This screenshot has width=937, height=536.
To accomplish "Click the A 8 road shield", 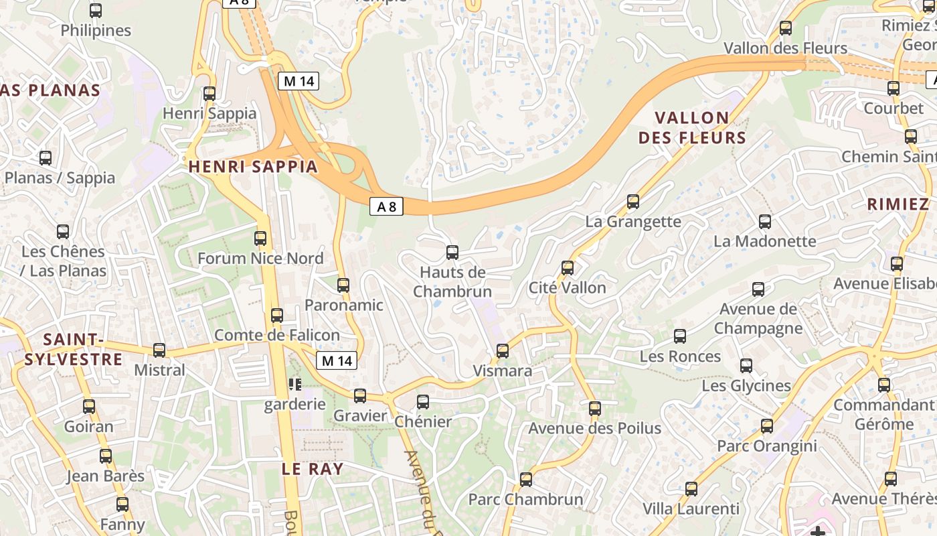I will (386, 207).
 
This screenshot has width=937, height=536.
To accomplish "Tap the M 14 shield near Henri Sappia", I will (299, 82).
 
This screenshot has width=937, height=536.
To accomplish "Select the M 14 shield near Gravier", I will (337, 360).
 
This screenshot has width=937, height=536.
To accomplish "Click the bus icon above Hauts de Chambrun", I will (452, 253).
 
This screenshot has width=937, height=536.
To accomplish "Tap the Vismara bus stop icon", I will (503, 350).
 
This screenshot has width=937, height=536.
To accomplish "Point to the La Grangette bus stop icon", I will (633, 201).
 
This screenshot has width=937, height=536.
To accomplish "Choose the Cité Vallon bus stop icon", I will (568, 268).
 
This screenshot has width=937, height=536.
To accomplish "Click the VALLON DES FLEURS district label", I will (692, 128).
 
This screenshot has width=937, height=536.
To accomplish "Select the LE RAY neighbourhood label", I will (313, 469).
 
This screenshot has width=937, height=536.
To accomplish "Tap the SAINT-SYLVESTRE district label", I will (74, 349).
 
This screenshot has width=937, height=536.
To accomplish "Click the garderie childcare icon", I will (294, 385).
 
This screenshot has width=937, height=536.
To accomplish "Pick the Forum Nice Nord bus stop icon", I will (260, 238).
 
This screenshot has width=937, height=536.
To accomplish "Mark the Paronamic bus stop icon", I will (343, 285).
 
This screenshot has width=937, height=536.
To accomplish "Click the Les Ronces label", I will (680, 356).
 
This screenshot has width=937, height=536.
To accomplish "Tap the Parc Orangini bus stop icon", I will (767, 425).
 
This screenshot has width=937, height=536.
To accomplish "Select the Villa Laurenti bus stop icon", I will (691, 489).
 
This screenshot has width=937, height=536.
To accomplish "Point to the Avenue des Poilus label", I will (595, 428).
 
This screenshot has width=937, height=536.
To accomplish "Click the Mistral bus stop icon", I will (159, 350).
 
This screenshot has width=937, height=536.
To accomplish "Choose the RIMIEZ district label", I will (898, 204).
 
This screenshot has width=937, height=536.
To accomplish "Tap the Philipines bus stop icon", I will (96, 11).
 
